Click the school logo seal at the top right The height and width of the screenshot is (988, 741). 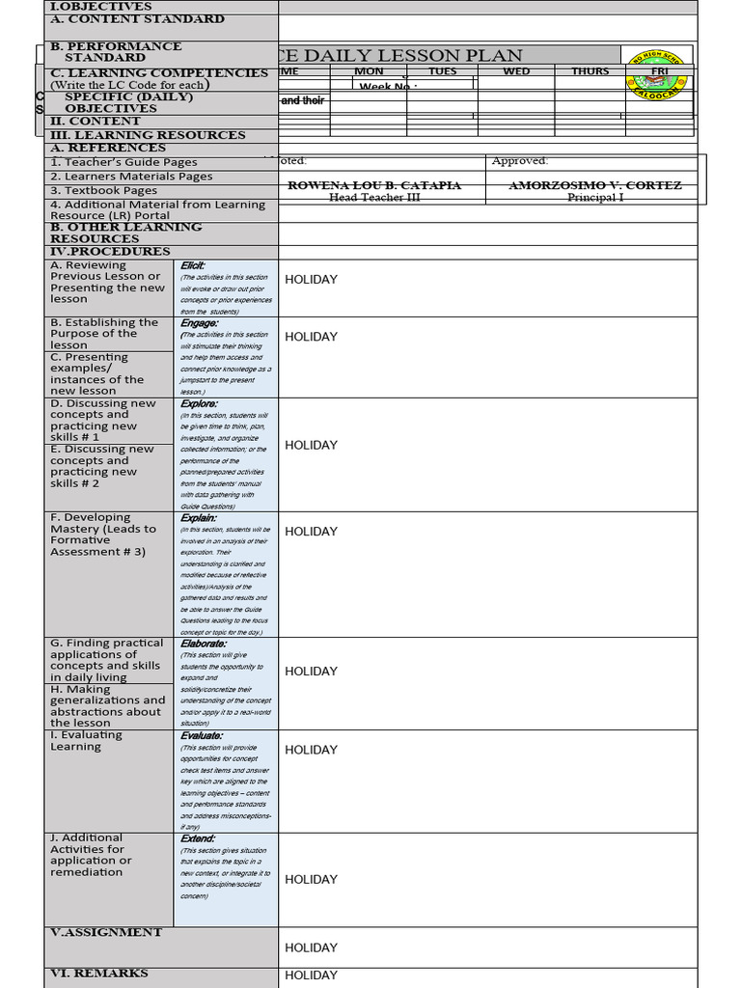click(x=656, y=74)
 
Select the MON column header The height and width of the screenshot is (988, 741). click(x=369, y=71)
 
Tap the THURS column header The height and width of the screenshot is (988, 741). click(x=590, y=71)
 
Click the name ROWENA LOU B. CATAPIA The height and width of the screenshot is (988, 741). click(x=374, y=185)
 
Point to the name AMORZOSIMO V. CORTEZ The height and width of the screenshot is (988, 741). click(x=595, y=185)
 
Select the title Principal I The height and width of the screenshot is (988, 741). click(x=595, y=198)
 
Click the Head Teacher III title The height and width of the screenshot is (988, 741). click(x=374, y=198)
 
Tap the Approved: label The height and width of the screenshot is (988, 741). click(x=520, y=161)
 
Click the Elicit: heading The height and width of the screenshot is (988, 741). click(x=193, y=265)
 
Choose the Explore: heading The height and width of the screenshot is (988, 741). click(x=199, y=404)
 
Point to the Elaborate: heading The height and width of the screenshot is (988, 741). click(x=204, y=644)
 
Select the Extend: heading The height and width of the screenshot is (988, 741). click(x=198, y=839)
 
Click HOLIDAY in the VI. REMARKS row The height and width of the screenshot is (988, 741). click(x=311, y=975)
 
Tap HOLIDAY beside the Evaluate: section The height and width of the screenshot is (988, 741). click(x=311, y=750)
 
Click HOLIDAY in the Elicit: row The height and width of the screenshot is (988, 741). click(x=311, y=280)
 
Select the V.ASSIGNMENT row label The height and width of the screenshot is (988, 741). click(x=106, y=932)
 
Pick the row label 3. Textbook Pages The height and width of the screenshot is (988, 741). click(x=103, y=191)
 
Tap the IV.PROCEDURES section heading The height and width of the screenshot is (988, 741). click(x=110, y=252)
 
